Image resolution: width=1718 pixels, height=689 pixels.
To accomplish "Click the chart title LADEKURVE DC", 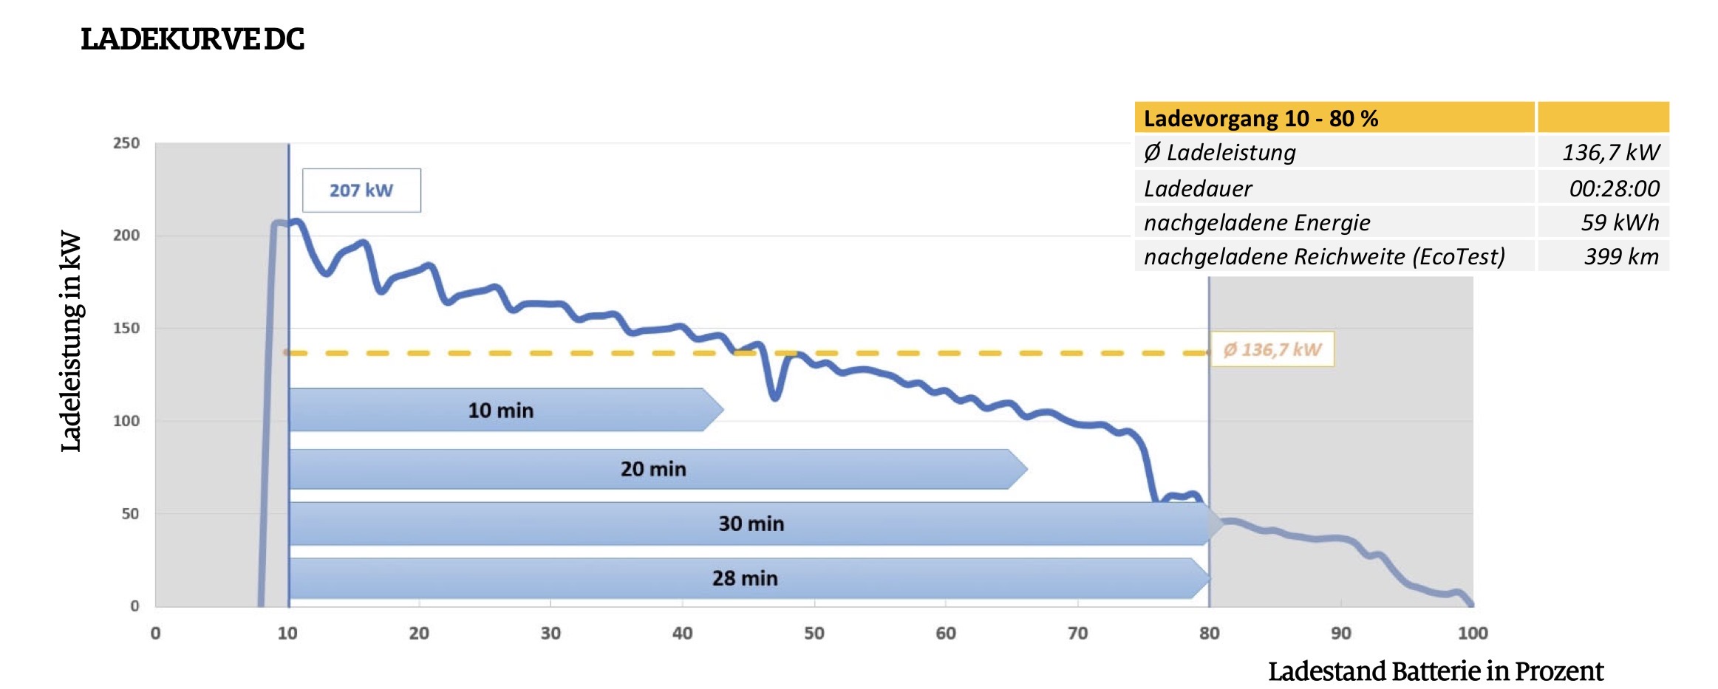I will coord(192,39).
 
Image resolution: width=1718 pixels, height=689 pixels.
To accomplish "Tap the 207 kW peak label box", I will coord(361,191).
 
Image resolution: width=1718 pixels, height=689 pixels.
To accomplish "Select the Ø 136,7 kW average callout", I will coord(1272,349).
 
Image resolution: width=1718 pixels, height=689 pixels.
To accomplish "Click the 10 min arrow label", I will coord(500,411).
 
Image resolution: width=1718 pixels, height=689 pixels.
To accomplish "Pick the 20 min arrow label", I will coord(653,469).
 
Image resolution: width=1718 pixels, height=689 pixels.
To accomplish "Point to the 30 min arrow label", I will coord(751,524).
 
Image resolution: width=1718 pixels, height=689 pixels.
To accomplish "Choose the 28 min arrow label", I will coord(745,578).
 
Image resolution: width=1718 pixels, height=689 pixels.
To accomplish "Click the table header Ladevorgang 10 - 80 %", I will coord(1261,118).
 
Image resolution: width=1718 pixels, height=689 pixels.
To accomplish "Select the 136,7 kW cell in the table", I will coord(1610,153).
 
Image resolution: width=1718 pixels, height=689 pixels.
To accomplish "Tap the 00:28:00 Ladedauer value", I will coord(1614,188).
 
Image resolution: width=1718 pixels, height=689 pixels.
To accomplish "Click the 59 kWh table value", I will coord(1620,222).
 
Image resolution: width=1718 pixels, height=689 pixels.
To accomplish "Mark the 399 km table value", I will coord(1620,256).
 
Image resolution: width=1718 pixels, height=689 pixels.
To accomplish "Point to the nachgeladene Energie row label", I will coord(1256,222).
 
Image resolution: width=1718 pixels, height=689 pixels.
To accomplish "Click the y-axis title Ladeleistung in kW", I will coord(71,341).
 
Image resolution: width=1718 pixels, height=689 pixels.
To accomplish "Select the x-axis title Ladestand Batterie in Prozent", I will coord(1435,671).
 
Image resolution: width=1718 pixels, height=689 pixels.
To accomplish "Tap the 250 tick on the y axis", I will coord(126,143).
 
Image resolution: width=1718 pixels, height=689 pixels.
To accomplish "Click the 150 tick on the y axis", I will coord(126,328).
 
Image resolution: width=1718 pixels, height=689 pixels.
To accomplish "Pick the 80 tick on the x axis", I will coord(1209,633).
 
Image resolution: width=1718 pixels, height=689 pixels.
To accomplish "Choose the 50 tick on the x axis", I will coord(814,633).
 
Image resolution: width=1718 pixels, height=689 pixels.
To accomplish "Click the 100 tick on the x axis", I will coord(1472,633).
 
